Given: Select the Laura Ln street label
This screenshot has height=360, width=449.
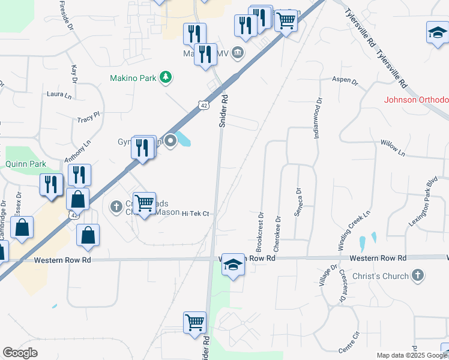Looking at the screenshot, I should [59, 95].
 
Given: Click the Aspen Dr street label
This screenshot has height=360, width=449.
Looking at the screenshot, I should [345, 80].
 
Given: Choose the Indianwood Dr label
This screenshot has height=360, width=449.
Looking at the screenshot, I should [318, 118].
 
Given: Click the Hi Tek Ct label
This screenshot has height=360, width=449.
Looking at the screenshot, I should [195, 213].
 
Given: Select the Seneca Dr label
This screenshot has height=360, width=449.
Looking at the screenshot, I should [296, 206].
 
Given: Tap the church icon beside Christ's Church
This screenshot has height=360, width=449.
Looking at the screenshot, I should [418, 275].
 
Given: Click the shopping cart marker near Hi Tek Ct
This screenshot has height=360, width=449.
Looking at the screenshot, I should [145, 203].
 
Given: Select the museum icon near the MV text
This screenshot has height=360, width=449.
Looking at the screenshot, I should [238, 53].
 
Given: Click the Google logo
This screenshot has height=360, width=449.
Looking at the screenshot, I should [20, 353].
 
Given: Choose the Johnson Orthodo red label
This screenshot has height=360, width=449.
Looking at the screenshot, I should [416, 100].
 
